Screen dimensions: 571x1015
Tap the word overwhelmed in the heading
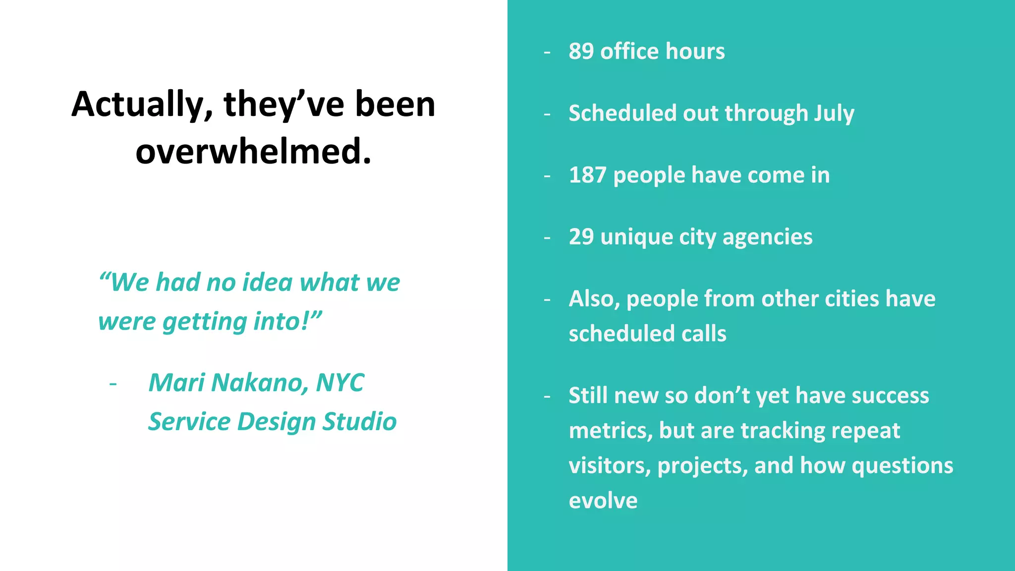tap(253, 152)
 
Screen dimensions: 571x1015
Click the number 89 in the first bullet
tap(581, 51)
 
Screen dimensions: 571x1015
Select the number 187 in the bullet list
tap(587, 175)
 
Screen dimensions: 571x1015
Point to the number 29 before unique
tap(581, 237)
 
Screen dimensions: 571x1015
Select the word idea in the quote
tap(267, 283)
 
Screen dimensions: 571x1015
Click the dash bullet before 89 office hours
tap(547, 52)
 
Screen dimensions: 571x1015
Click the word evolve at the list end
tap(603, 501)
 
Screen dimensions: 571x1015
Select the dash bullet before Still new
tap(547, 397)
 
